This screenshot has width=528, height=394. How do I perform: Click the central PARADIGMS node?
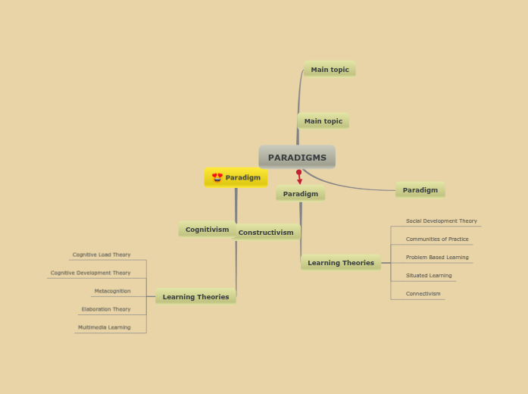pyautogui.click(x=297, y=158)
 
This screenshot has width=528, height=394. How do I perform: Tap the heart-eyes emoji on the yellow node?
pyautogui.click(x=217, y=177)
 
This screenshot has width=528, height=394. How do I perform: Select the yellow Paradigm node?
pyautogui.click(x=236, y=177)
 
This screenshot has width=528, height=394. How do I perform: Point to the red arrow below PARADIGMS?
pyautogui.click(x=299, y=177)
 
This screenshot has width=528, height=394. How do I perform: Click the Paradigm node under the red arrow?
pyautogui.click(x=301, y=194)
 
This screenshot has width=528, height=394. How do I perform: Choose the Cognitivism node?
pyautogui.click(x=207, y=230)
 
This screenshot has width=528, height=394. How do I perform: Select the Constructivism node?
pyautogui.click(x=266, y=233)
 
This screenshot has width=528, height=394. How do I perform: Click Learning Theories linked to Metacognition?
pyautogui.click(x=195, y=297)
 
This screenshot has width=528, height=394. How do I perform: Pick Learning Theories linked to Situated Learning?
pyautogui.click(x=341, y=263)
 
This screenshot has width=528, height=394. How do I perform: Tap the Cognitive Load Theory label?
pyautogui.click(x=102, y=255)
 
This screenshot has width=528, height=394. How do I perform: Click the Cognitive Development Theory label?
pyautogui.click(x=91, y=273)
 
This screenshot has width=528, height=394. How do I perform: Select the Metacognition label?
pyautogui.click(x=112, y=291)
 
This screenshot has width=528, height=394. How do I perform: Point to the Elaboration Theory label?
pyautogui.click(x=106, y=309)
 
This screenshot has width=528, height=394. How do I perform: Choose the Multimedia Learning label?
pyautogui.click(x=104, y=327)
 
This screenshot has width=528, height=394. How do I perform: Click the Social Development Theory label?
pyautogui.click(x=442, y=221)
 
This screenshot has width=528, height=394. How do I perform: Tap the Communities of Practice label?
pyautogui.click(x=437, y=239)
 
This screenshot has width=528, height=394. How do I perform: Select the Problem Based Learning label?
pyautogui.click(x=437, y=258)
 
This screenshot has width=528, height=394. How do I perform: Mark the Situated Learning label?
pyautogui.click(x=429, y=276)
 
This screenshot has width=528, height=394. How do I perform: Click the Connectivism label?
pyautogui.click(x=423, y=294)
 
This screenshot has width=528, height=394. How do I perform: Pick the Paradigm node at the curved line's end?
pyautogui.click(x=420, y=190)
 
